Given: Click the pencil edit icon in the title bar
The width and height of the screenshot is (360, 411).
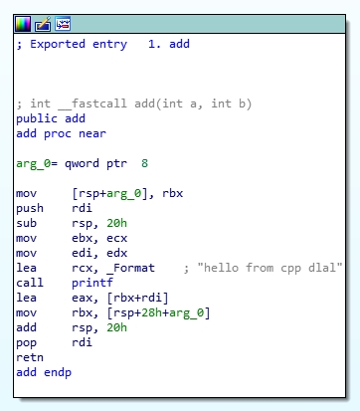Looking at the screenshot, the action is point(43,23).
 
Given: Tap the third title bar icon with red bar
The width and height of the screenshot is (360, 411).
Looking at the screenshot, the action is point(62,23).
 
